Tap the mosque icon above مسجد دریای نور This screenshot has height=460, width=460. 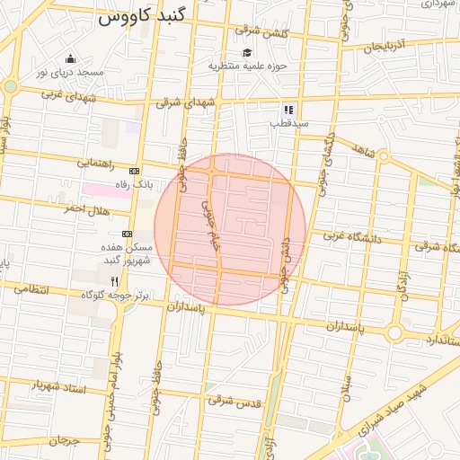(x=70, y=57)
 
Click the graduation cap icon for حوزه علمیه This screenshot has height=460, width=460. (x=247, y=51)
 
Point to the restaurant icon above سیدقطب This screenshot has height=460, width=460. (x=287, y=109)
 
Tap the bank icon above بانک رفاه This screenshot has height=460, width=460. (x=135, y=171)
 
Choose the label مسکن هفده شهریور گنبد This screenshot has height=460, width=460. (x=130, y=253)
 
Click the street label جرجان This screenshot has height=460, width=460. (x=66, y=441)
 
